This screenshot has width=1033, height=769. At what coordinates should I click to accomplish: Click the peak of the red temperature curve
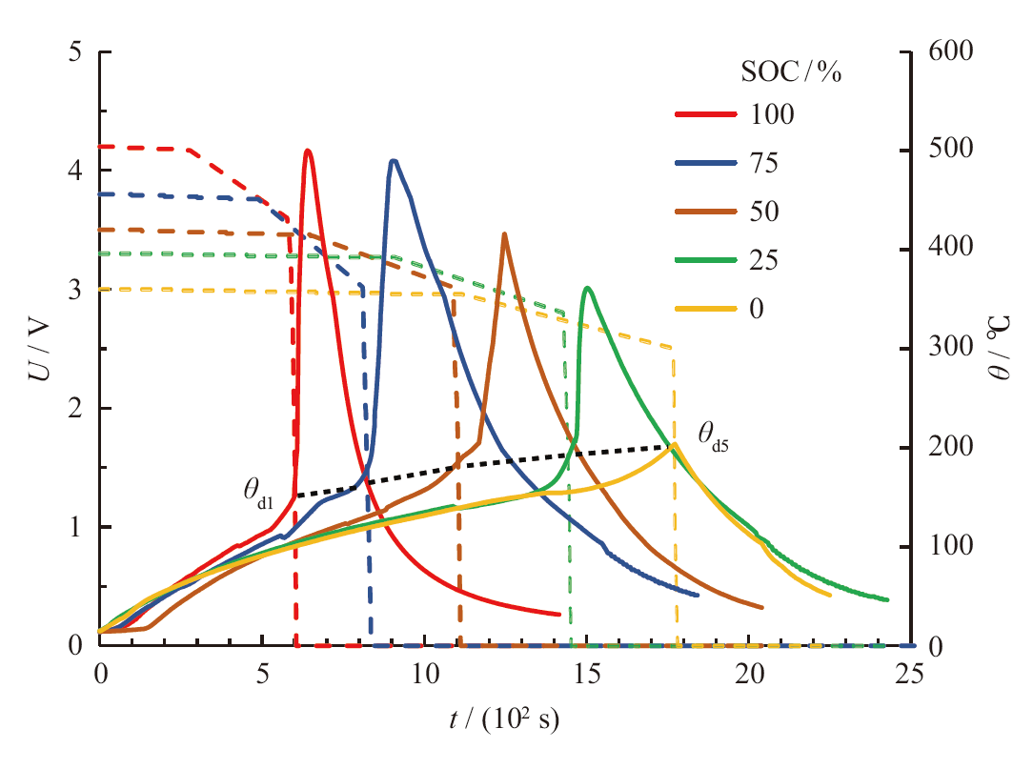(x=307, y=151)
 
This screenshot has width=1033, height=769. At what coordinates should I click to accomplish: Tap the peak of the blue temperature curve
(x=393, y=161)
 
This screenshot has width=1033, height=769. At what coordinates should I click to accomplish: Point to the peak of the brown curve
(x=504, y=233)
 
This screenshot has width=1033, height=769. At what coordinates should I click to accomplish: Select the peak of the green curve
(x=587, y=288)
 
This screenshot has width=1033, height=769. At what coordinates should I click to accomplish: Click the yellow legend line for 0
(x=706, y=309)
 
